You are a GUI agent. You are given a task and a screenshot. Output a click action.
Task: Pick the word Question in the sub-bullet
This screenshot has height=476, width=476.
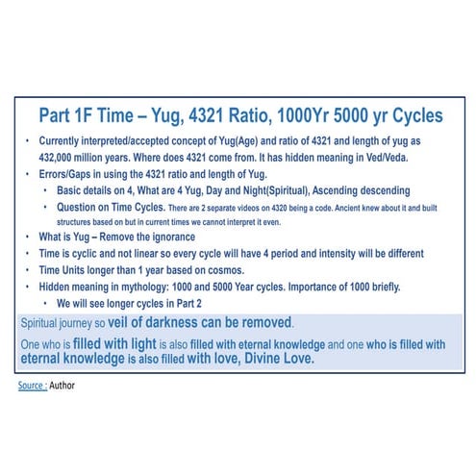(78, 207)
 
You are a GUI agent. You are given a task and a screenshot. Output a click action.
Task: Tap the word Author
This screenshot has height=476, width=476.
(64, 385)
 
